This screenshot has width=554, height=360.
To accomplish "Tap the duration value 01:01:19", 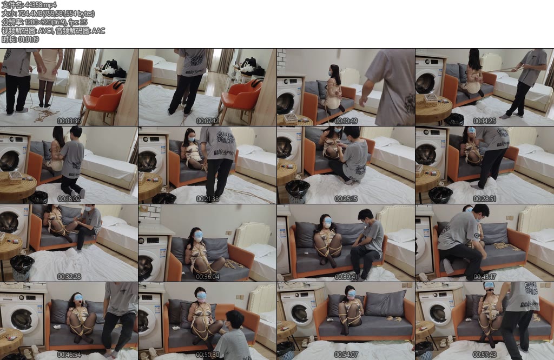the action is [28, 39].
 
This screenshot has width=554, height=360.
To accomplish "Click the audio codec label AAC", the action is [98, 31].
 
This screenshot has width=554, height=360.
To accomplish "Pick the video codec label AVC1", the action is [45, 31].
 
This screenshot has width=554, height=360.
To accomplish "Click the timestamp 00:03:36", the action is [69, 121].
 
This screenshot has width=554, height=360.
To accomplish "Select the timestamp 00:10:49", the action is [346, 121].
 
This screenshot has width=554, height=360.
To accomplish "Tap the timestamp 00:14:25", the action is [484, 121].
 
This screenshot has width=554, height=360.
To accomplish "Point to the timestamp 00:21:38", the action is [207, 199].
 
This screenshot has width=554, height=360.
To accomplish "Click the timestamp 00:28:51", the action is [484, 199].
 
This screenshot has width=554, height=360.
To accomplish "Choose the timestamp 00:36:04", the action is [207, 277].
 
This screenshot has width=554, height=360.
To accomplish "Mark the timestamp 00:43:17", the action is [484, 277].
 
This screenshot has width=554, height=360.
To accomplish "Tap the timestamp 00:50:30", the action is [207, 355].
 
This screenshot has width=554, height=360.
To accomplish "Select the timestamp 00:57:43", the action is [484, 355].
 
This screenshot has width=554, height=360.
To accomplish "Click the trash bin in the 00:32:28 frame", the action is [22, 268].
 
